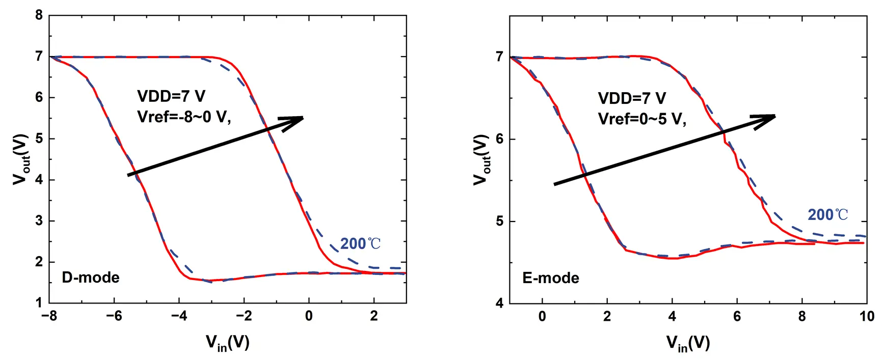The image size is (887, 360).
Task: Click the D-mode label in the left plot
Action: [91, 278]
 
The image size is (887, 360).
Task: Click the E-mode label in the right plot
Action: [551, 278]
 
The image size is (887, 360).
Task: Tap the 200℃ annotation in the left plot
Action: [360, 244]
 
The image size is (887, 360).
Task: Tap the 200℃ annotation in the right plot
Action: [828, 215]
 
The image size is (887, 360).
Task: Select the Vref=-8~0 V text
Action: [184, 117]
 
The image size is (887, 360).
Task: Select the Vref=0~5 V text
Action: [642, 119]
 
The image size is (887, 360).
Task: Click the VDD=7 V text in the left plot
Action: [171, 96]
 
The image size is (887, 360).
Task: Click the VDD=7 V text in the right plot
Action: [632, 98]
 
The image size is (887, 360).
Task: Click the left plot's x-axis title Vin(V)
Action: [228, 343]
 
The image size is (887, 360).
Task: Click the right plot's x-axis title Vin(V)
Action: [688, 343]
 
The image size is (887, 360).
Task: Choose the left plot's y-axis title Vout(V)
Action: [20, 159]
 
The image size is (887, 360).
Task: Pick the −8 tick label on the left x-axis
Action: [49, 316]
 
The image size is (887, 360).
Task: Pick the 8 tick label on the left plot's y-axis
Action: [39, 15]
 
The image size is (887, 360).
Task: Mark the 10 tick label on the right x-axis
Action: [867, 316]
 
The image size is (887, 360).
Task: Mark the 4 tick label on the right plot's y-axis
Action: [500, 303]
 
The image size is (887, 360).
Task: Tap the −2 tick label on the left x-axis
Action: [244, 316]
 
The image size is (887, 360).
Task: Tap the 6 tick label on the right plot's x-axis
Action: [737, 316]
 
